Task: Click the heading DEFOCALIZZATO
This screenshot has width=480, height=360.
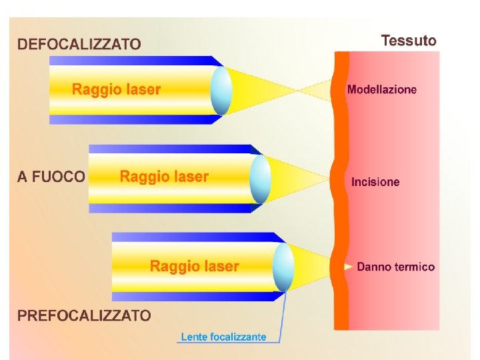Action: (x=79, y=45)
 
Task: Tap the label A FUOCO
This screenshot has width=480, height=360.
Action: (x=51, y=177)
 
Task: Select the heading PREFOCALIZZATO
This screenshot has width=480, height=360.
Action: (x=84, y=315)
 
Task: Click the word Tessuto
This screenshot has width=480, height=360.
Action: (x=409, y=41)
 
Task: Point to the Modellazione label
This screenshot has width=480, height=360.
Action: (x=382, y=89)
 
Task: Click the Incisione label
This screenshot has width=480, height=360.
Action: (x=375, y=182)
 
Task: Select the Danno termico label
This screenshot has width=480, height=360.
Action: (x=395, y=267)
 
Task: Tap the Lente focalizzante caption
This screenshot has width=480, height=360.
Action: (x=223, y=337)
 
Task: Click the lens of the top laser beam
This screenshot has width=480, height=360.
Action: (x=221, y=91)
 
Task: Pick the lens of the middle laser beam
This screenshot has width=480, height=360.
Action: (x=260, y=178)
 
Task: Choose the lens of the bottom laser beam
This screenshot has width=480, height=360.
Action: (x=283, y=267)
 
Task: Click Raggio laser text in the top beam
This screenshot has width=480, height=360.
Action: (x=116, y=89)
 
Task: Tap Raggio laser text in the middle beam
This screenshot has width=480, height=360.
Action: (x=164, y=177)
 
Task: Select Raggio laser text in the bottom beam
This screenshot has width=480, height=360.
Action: (x=194, y=267)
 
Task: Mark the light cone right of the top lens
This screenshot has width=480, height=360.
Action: (x=273, y=91)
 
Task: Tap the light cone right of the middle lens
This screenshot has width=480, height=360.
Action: (x=297, y=178)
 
